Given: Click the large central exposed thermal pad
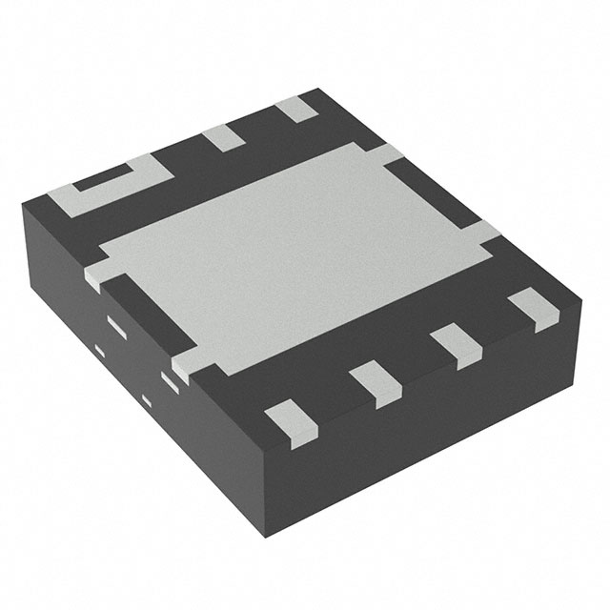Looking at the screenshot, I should click(286, 253).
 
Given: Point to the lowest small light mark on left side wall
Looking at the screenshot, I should click(146, 396).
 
